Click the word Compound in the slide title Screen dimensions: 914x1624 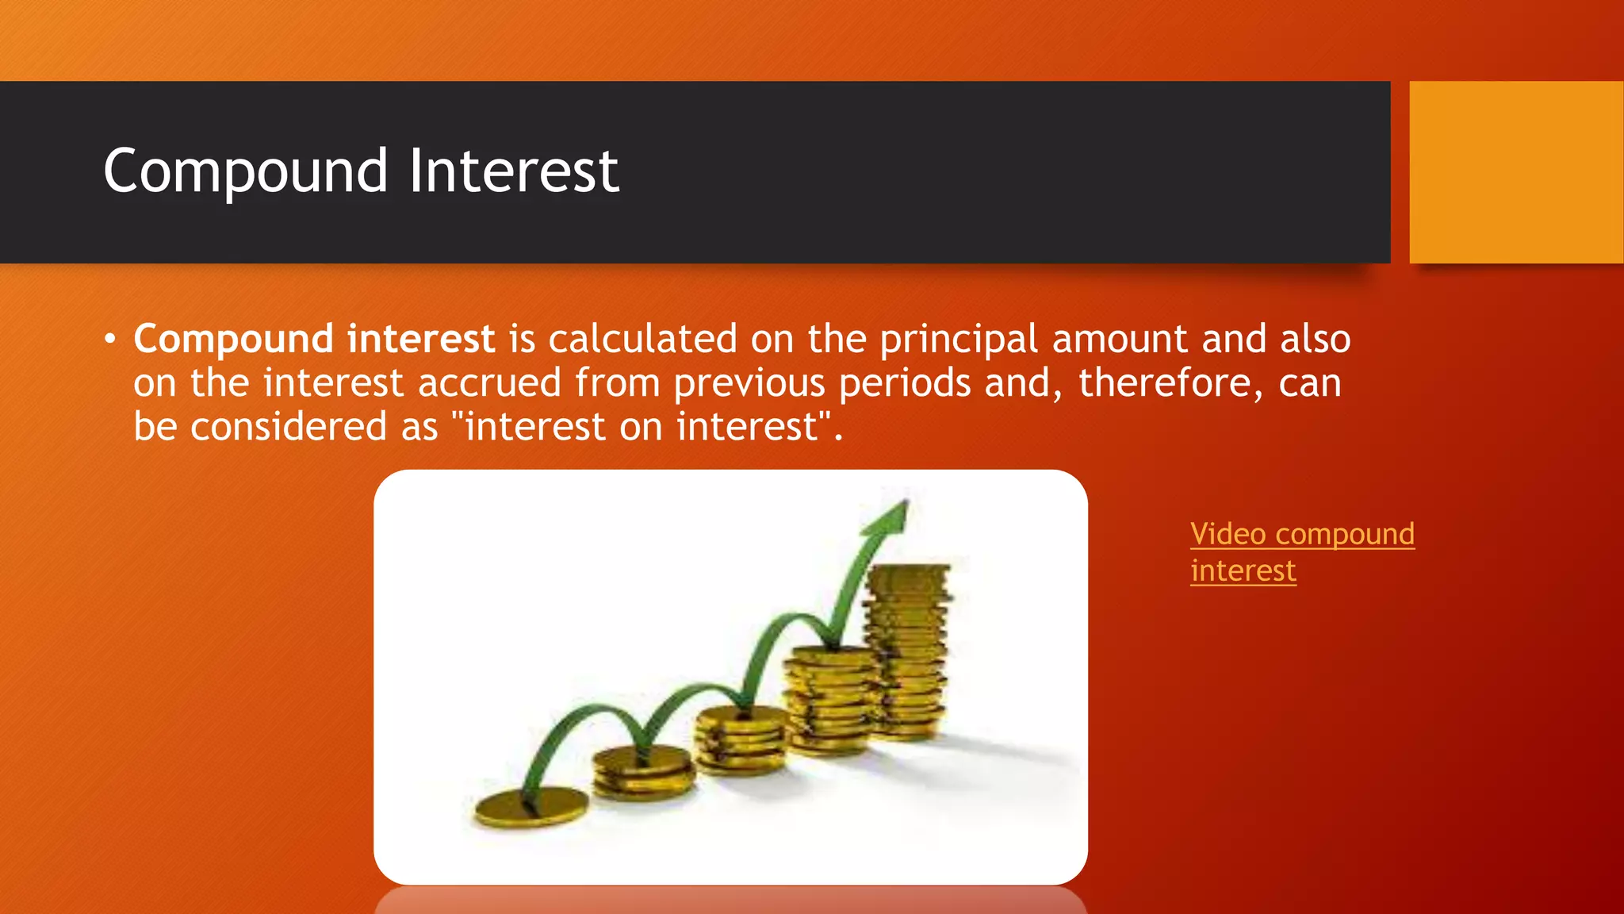click(245, 172)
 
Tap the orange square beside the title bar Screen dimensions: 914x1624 click(1515, 172)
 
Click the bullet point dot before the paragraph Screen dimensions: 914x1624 click(110, 340)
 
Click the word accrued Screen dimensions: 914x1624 click(489, 383)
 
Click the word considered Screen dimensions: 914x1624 click(289, 427)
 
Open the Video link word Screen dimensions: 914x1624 click(1228, 534)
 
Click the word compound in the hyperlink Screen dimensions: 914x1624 click(1344, 534)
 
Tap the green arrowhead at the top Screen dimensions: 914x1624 click(890, 517)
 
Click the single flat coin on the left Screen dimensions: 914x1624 click(531, 808)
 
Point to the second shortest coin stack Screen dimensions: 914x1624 click(642, 771)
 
